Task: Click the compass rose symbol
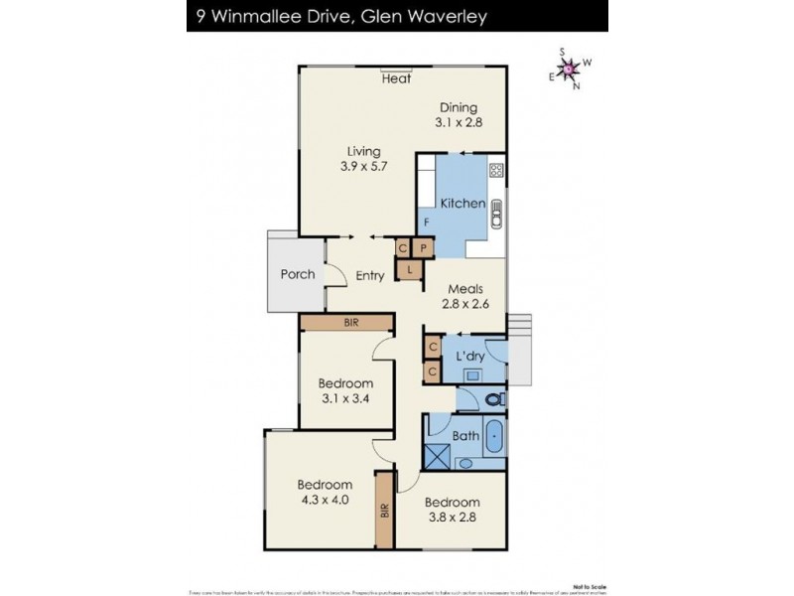coord(569,68)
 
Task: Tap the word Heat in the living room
coord(397,80)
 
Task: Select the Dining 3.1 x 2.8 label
coord(456,115)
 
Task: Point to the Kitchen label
coord(463,204)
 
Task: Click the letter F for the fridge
coord(427,222)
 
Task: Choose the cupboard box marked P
coord(423,249)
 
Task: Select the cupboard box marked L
coord(409,268)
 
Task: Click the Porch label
coord(298,274)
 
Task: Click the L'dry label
coord(469,356)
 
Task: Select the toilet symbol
coord(493,399)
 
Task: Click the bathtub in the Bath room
coord(493,435)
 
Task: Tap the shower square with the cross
coord(436,456)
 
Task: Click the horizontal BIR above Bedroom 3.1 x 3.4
coord(350,323)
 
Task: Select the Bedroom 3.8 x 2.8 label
coord(455,510)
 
